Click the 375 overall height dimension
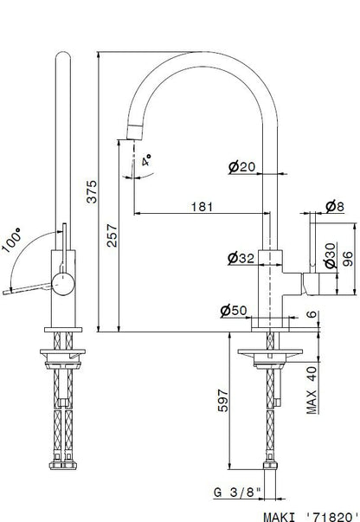92,191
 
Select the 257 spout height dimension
112,235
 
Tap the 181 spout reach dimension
202,207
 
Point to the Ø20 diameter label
242,167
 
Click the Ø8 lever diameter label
334,207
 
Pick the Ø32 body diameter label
241,258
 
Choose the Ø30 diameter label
331,255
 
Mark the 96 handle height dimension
347,260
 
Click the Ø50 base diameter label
234,311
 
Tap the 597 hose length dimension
223,400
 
